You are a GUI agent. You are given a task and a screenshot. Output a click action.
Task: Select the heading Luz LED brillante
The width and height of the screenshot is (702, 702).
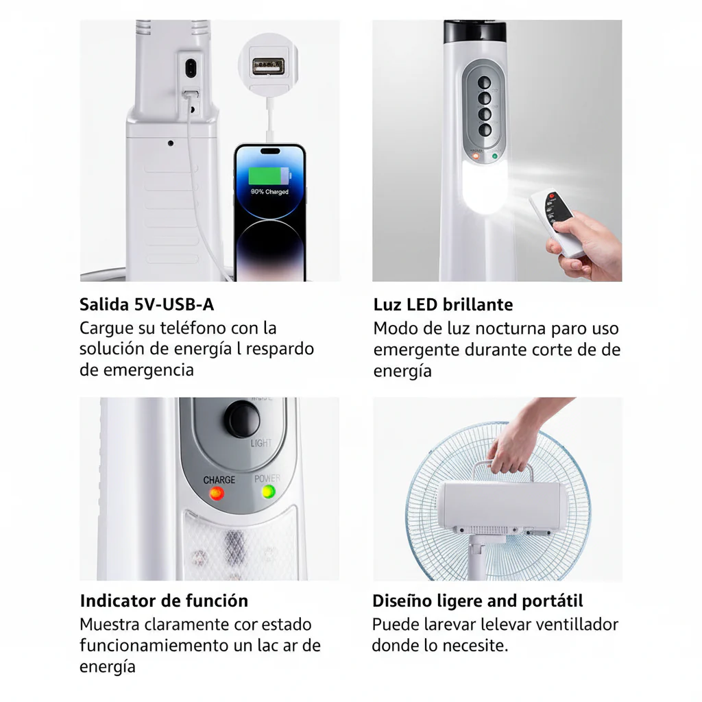443,304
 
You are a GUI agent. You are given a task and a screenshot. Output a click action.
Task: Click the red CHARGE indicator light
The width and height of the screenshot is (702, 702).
217,494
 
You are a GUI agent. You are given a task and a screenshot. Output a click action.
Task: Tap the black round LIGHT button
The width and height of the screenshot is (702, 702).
243,418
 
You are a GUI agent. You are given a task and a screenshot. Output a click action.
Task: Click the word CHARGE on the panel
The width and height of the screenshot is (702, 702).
219,480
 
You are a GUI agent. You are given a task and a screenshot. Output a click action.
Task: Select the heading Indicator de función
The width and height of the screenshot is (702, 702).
164,601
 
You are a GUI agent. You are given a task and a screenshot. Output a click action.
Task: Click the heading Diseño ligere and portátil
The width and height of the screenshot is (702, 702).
477,601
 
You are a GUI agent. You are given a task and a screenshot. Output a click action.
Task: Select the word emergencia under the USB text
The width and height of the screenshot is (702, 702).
148,370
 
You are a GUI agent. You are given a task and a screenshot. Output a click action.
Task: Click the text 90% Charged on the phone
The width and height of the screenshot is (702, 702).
269,192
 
